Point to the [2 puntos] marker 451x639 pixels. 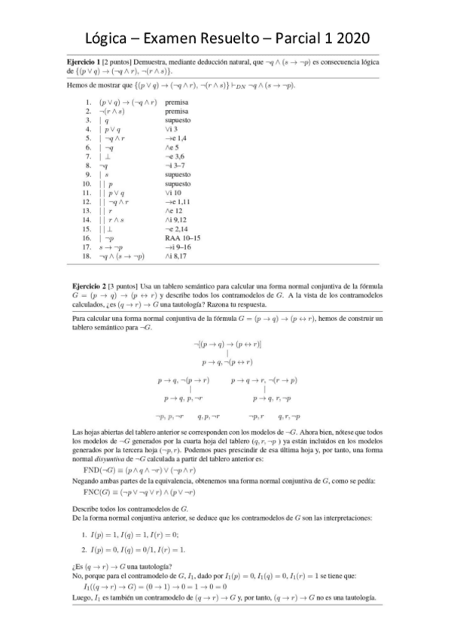(x=119, y=61)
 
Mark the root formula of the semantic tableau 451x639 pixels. (x=227, y=344)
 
